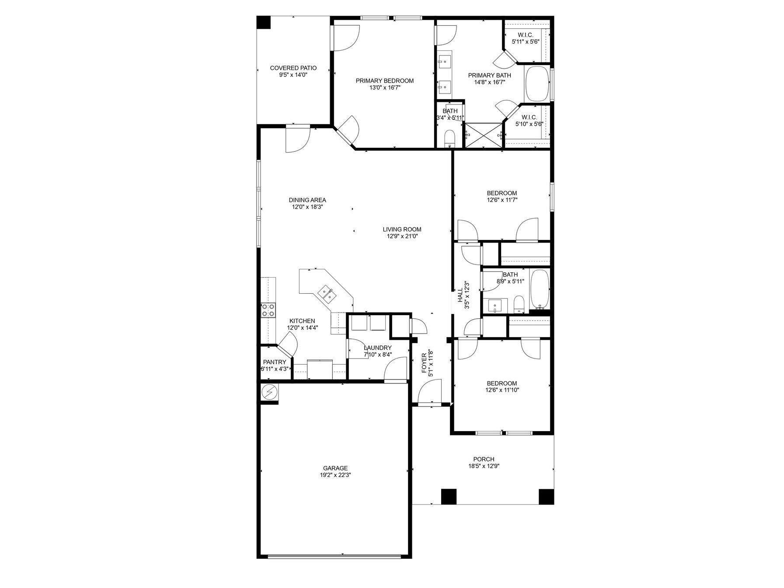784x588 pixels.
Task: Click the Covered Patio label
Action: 293,68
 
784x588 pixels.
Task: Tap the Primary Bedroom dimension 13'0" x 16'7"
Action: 384,87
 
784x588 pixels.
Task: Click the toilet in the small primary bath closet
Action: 449,139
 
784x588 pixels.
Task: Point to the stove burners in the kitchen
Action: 268,310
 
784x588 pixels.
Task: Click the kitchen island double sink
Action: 327,293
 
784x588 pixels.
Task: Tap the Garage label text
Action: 335,468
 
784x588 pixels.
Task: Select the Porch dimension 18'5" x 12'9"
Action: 484,466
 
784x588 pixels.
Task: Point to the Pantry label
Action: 275,362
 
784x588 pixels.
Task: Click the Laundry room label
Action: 378,348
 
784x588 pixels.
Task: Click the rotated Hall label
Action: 460,295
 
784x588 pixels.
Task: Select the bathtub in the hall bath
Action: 539,289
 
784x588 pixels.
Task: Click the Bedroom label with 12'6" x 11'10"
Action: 502,383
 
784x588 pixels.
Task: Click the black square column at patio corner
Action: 263,23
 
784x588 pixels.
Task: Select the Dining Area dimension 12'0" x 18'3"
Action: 307,207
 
